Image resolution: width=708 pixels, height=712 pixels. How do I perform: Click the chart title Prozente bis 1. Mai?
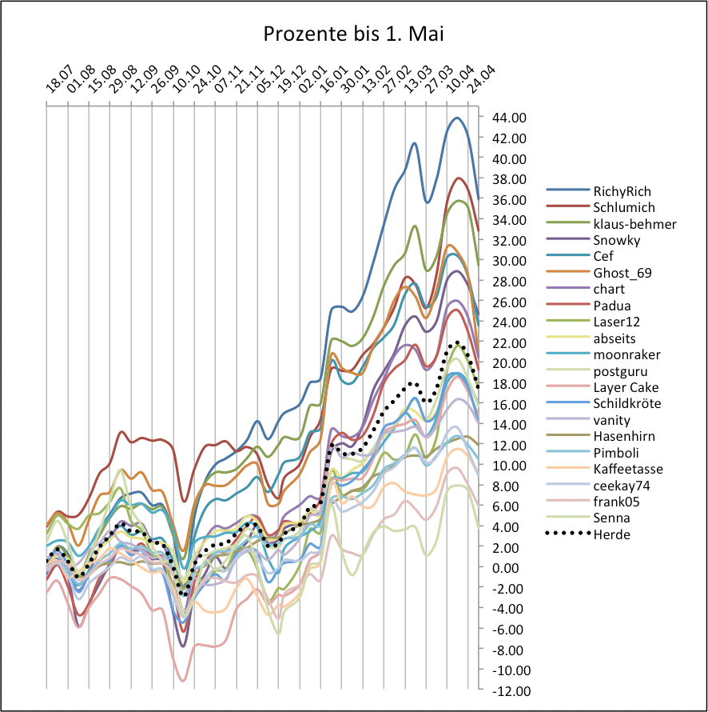click(x=353, y=35)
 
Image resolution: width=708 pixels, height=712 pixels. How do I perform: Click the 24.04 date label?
click(x=482, y=82)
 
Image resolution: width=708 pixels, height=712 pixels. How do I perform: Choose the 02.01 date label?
click(x=311, y=82)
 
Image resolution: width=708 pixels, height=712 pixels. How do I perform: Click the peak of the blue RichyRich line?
click(x=456, y=118)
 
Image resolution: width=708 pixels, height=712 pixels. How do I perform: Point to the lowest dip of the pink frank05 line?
click(x=183, y=681)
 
